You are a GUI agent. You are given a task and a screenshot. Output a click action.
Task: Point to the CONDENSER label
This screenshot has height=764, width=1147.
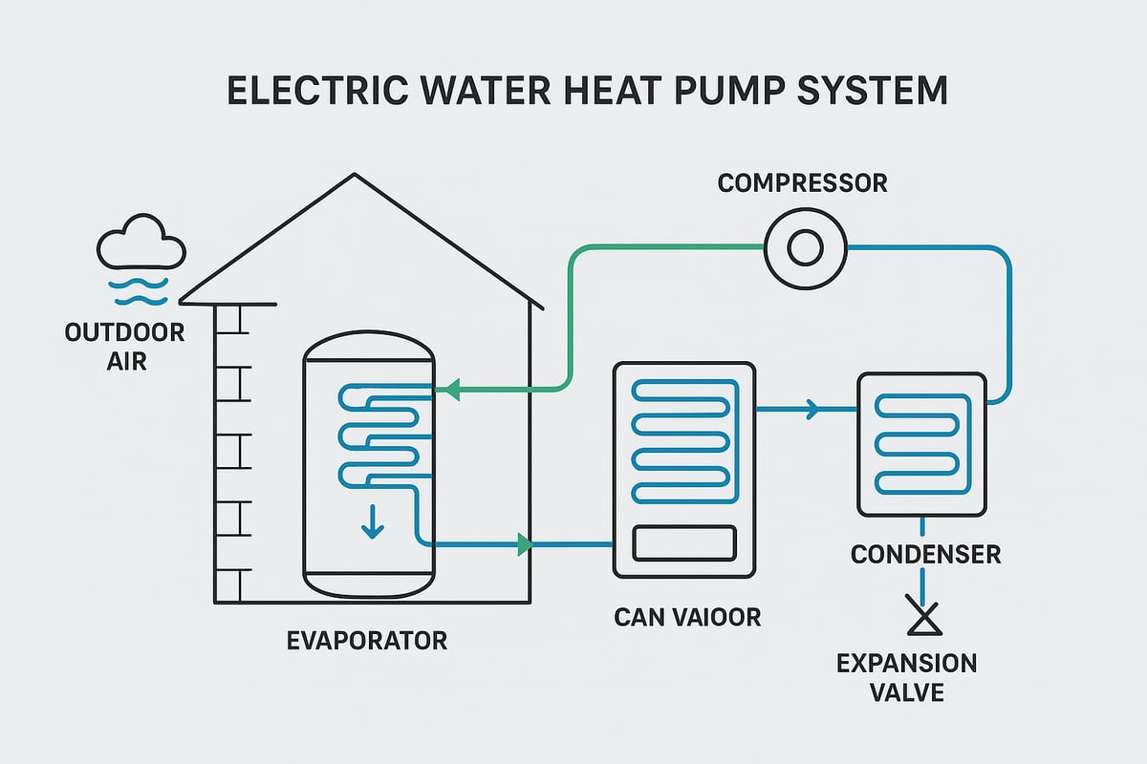click(925, 554)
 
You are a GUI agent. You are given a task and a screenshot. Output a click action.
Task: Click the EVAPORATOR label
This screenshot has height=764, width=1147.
click(367, 640)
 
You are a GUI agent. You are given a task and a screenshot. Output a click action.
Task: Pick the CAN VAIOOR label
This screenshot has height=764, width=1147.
click(687, 617)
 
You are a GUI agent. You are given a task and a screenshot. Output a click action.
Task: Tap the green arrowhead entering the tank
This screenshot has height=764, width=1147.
click(452, 390)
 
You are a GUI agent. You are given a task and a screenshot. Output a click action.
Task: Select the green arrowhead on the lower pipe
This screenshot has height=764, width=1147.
click(523, 545)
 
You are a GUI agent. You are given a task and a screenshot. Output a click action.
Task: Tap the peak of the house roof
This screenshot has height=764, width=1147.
click(355, 175)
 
